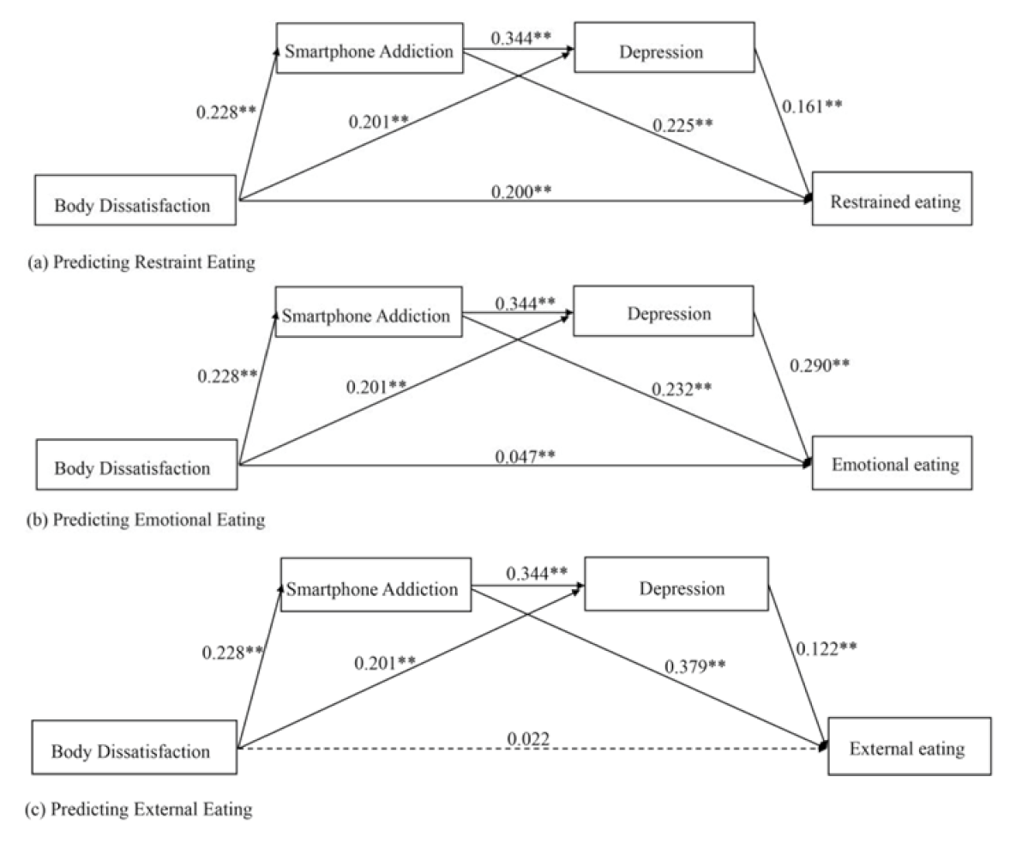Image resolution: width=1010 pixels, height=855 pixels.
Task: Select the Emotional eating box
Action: (894, 464)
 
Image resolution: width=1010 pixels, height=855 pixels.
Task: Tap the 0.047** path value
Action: (525, 454)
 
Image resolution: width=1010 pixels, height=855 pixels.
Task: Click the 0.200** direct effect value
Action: (520, 190)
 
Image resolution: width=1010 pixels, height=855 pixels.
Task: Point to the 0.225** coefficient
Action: (683, 125)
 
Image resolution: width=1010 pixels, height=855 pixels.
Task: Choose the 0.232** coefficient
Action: (682, 388)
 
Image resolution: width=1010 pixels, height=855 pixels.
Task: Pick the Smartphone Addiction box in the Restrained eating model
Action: (368, 51)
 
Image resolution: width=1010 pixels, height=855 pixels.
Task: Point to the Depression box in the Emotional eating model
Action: (663, 312)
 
